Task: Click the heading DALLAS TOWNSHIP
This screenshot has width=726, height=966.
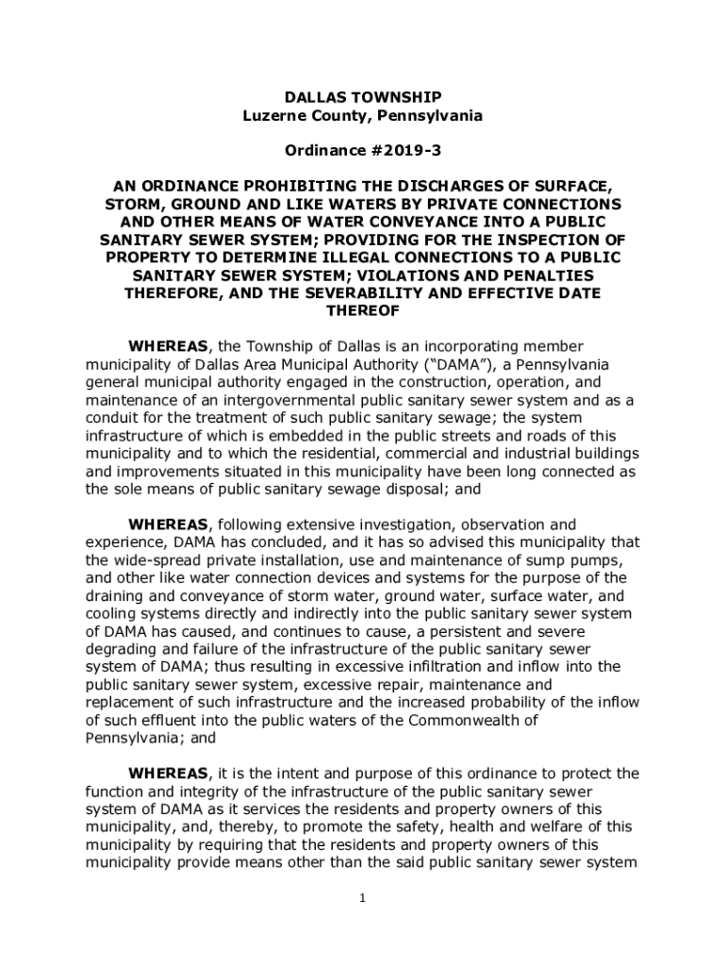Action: [x=363, y=97]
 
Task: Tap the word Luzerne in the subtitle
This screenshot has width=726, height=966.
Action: [x=273, y=115]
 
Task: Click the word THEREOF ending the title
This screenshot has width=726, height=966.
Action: [x=363, y=311]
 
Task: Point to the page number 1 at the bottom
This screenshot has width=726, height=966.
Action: [x=362, y=898]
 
